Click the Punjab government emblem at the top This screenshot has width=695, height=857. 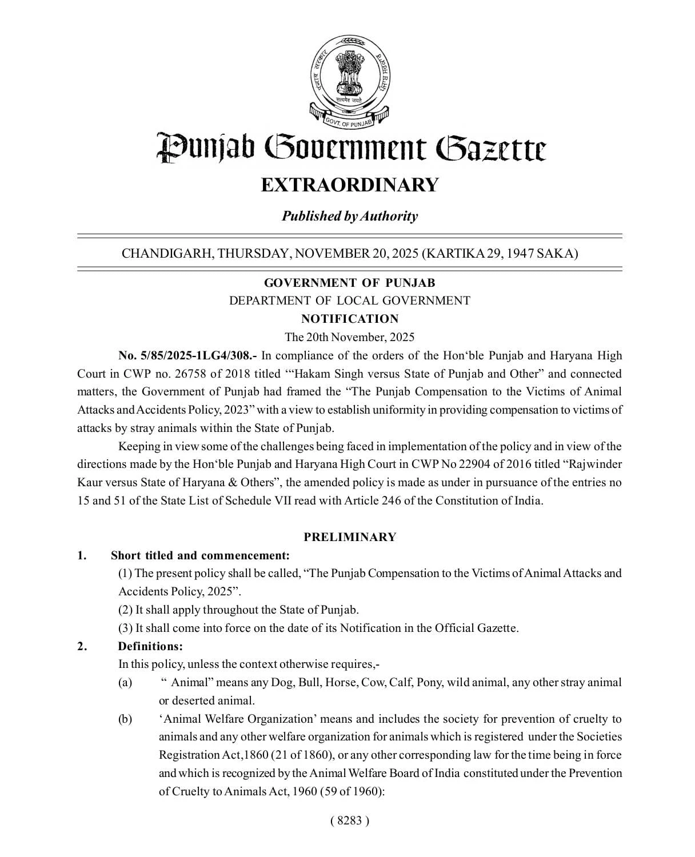(349, 80)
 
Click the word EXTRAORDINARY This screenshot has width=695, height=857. (350, 185)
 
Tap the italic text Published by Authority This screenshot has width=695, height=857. (350, 216)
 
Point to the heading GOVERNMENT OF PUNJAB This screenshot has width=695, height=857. (350, 283)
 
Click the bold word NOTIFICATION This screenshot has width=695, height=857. (350, 319)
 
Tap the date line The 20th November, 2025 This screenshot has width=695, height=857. (350, 337)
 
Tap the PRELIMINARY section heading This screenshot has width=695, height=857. (350, 537)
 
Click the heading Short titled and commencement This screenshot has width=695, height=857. (200, 555)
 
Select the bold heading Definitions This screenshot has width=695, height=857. (150, 646)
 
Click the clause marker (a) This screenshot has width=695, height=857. (125, 682)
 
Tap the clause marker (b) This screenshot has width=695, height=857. (125, 719)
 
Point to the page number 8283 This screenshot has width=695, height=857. (350, 820)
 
